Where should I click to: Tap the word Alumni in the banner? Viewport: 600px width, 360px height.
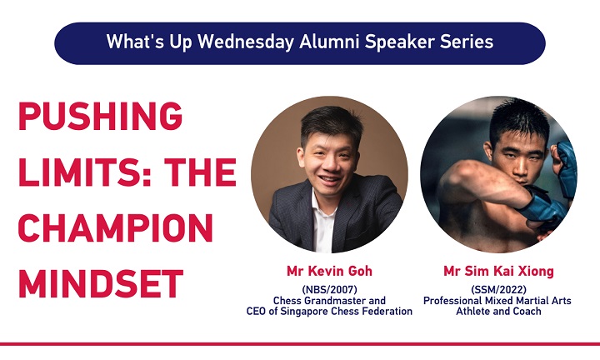(329, 42)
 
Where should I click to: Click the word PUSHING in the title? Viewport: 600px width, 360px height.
(100, 116)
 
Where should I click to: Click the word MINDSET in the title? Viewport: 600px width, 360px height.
(101, 283)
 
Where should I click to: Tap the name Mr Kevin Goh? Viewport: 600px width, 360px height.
(329, 271)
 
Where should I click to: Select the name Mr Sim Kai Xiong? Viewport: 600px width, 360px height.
(498, 271)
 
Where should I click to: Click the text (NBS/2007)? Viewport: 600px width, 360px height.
(329, 290)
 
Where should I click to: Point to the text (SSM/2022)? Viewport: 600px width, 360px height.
(498, 290)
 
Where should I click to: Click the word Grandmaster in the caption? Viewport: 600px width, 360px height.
(336, 301)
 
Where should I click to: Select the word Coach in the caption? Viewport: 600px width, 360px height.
(527, 312)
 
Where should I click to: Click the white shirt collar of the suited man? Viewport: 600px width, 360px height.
(321, 207)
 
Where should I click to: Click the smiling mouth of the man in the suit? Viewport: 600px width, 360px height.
(330, 178)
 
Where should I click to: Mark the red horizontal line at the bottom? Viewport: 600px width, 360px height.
(300, 344)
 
